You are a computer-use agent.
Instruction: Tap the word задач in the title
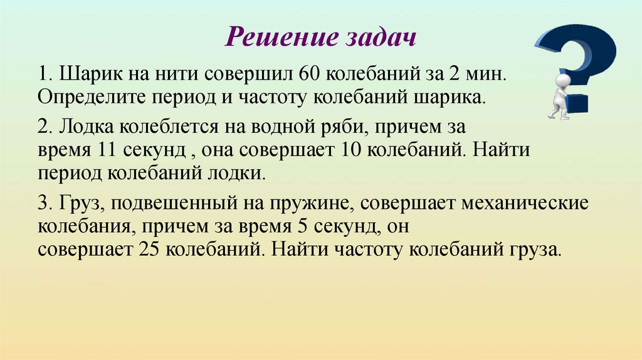coord(381,38)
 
